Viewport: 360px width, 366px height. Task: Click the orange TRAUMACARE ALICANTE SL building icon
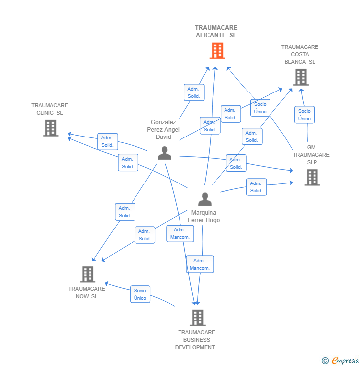[217, 50]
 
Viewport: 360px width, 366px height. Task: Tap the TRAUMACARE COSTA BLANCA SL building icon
[301, 77]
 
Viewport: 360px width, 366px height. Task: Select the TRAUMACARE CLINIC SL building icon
[50, 128]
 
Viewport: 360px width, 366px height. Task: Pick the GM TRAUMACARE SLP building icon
[312, 178]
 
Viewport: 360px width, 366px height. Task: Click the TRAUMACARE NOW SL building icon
[88, 274]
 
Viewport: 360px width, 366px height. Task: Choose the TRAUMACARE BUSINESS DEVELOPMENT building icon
[198, 318]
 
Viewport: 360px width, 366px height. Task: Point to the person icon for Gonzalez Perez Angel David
[165, 153]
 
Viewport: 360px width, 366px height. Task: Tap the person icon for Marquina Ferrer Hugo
[205, 199]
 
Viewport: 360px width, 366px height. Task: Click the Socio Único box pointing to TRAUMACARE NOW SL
[140, 294]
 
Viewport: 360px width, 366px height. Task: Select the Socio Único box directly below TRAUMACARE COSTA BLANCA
[304, 115]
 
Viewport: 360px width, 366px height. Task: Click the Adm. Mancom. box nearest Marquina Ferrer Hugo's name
[180, 233]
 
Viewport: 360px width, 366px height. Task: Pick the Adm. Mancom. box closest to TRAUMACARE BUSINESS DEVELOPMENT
[200, 264]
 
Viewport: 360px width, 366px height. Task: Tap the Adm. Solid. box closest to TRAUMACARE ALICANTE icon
[194, 92]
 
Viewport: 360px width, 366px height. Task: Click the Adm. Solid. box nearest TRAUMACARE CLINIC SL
[108, 141]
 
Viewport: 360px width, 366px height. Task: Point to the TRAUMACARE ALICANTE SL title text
[216, 31]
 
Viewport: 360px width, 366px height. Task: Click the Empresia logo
[340, 360]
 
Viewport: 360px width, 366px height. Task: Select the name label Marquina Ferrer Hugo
[204, 216]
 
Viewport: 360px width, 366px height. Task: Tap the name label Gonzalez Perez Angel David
[163, 129]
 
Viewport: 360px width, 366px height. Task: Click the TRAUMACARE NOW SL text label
[87, 292]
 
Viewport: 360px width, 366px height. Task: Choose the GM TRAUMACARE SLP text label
[311, 155]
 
